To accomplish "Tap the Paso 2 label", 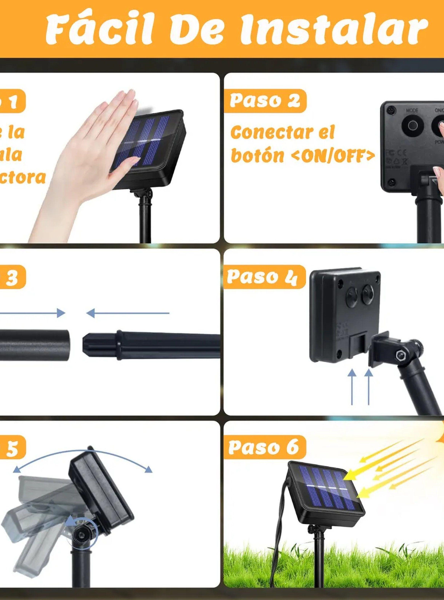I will tap(265, 101).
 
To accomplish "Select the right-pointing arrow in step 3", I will tap(32, 313).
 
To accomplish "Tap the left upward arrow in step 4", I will tap(352, 387).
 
